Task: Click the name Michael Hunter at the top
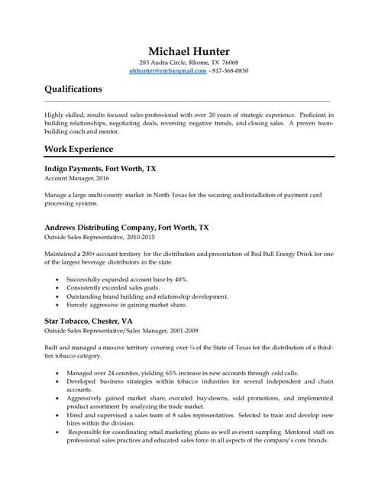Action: pos(189,50)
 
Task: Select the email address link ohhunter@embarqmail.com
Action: pos(167,71)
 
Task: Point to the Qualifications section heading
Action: pos(73,89)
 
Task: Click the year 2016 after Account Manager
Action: pos(102,178)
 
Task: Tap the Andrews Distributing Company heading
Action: pos(126,228)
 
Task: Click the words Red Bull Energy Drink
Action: pos(281,254)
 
